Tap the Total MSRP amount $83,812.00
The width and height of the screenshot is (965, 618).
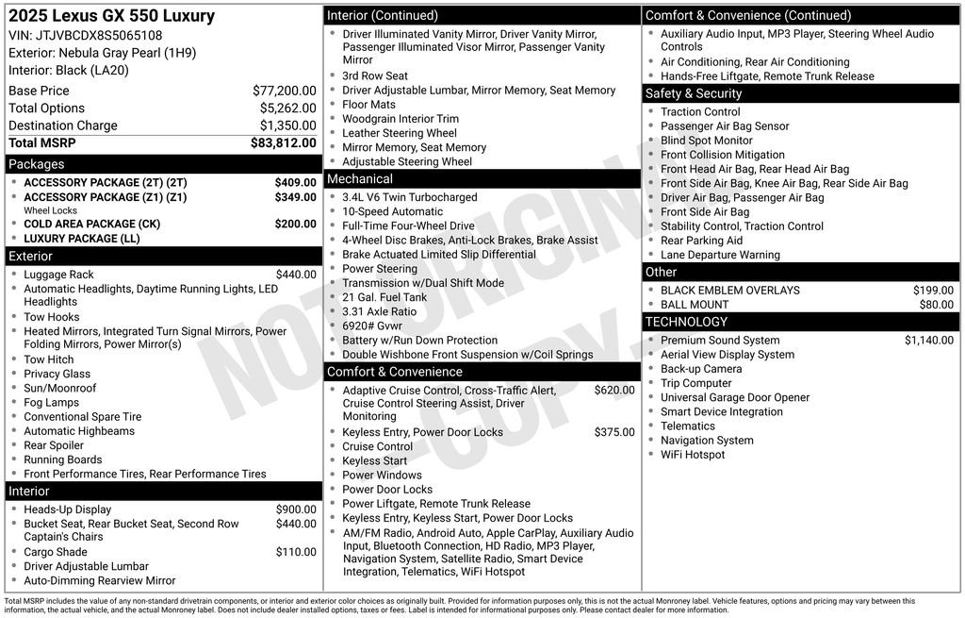click(283, 143)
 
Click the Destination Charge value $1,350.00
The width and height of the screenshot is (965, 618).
click(287, 125)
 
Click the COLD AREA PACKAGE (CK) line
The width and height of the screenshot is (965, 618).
click(91, 224)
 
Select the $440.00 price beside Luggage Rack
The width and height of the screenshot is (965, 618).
click(296, 275)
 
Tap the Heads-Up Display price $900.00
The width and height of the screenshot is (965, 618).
click(296, 509)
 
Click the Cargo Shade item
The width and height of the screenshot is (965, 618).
click(56, 552)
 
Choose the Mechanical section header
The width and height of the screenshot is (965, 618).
click(360, 178)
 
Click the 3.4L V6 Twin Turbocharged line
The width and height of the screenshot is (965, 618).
click(409, 197)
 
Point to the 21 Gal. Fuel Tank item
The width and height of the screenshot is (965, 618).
click(384, 297)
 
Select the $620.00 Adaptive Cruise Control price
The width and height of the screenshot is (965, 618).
click(614, 390)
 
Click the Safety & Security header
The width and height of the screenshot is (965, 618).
click(694, 93)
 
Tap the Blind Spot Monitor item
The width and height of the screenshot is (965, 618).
click(706, 141)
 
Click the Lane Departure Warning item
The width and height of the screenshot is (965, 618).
click(720, 255)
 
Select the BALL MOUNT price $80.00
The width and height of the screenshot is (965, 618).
click(936, 305)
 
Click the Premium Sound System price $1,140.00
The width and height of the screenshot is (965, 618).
click(928, 341)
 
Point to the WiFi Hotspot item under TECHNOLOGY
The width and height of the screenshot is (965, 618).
click(693, 455)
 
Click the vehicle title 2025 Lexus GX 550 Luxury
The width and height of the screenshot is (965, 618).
click(111, 16)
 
